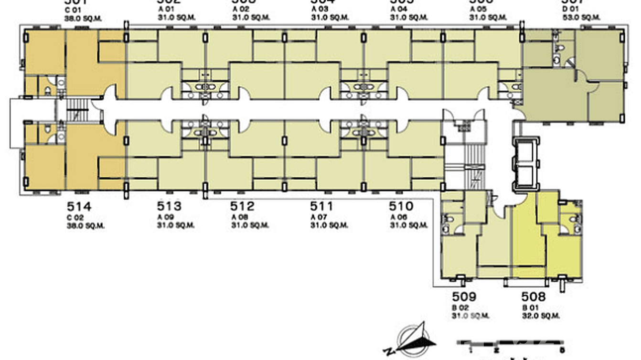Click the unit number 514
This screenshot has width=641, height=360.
click(79, 207)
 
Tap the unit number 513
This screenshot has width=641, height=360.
click(170, 207)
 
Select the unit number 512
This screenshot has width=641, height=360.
click(243, 207)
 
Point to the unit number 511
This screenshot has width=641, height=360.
click(322, 207)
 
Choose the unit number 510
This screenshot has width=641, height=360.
click(401, 207)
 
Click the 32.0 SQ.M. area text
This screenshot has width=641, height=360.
click(540, 316)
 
